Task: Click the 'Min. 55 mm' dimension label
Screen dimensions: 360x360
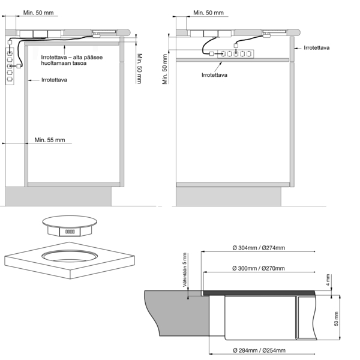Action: point(50,140)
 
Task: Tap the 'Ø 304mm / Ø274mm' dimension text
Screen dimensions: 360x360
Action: point(259,248)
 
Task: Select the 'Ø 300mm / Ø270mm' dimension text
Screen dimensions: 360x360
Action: point(259,268)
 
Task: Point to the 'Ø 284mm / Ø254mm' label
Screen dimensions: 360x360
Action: point(259,350)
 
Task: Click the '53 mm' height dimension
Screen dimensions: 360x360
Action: point(336,319)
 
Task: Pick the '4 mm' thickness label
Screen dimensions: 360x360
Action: point(328,280)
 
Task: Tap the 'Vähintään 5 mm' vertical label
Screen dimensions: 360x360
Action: point(185,270)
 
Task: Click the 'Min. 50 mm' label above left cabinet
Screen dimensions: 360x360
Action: point(38,13)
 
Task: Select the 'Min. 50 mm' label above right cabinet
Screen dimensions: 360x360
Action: point(208,13)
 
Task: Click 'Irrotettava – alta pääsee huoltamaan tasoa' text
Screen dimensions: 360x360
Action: point(72,60)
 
